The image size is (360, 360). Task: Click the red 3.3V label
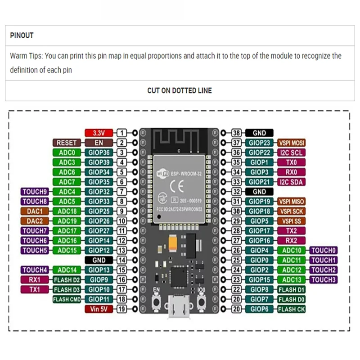(99, 133)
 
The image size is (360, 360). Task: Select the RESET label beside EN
(66, 143)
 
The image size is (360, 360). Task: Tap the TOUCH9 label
(35, 192)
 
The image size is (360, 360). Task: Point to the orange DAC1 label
(35, 211)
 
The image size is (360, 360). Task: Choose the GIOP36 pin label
(99, 153)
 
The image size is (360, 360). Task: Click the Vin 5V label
(99, 309)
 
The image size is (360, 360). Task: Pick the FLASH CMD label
(66, 299)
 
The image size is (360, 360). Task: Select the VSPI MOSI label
(291, 143)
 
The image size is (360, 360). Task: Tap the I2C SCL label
(291, 153)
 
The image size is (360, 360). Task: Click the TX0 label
(291, 162)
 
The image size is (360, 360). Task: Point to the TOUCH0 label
(324, 250)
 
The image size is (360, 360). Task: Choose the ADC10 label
(291, 250)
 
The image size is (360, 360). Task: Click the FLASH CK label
(291, 309)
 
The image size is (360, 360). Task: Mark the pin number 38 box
(237, 133)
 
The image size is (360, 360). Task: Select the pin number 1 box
(122, 133)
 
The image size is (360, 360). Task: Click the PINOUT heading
(22, 36)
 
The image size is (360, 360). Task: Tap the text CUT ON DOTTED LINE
(180, 90)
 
